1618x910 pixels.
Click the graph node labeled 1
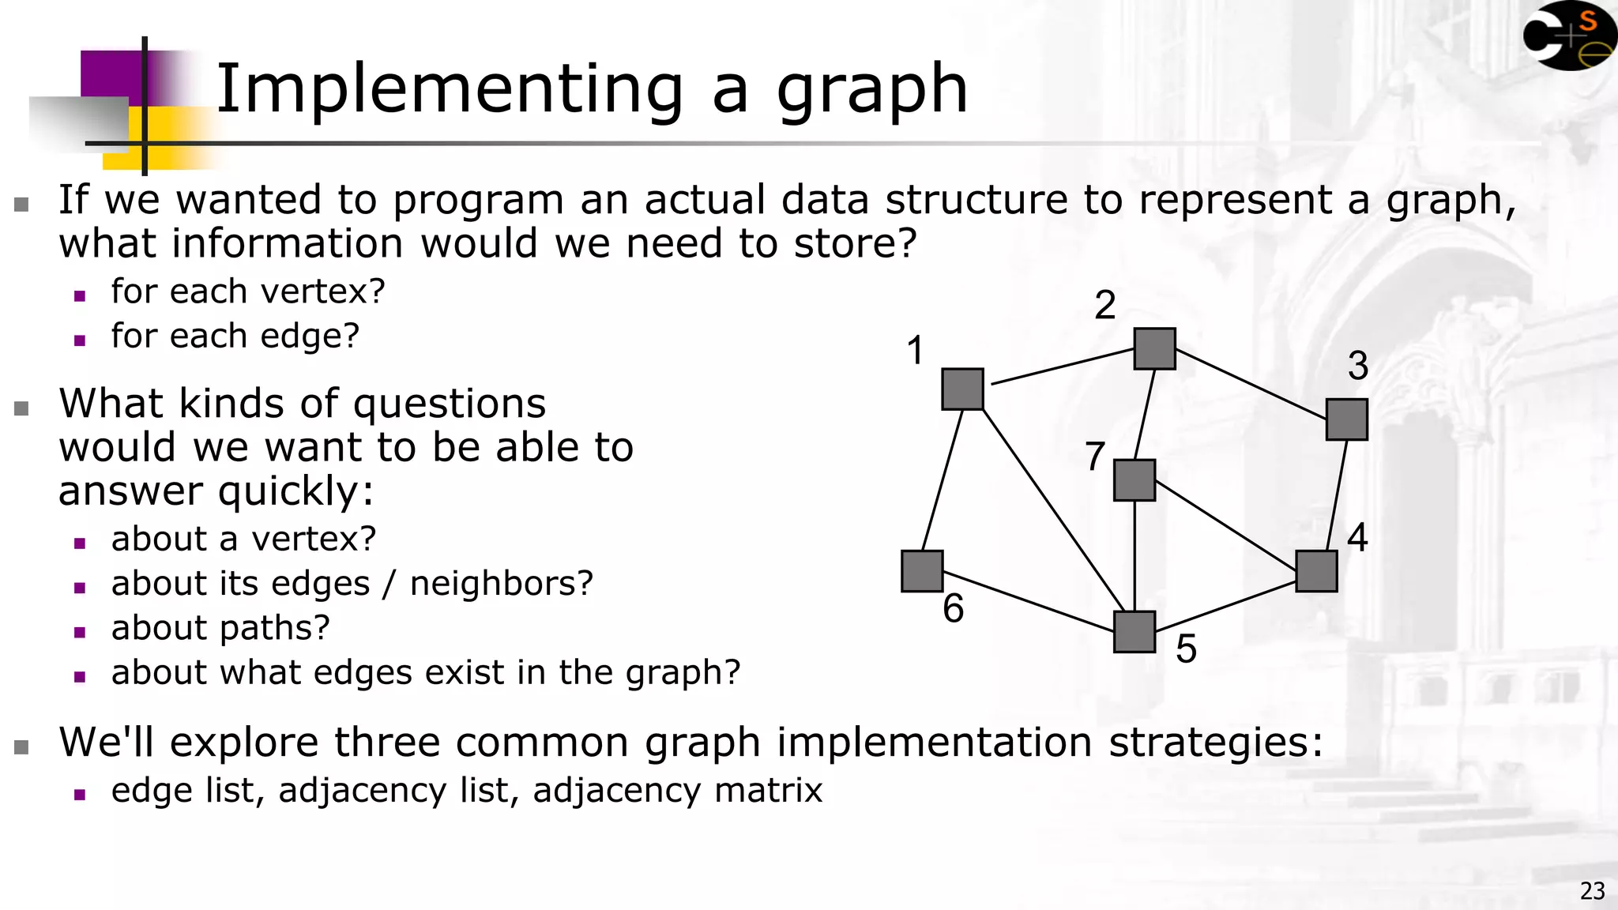click(x=962, y=389)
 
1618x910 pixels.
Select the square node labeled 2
click(x=1154, y=348)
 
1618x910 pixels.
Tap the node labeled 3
click(x=1346, y=419)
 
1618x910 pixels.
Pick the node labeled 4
click(x=1316, y=570)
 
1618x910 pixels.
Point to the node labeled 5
click(x=1134, y=631)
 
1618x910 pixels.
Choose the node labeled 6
click(x=922, y=570)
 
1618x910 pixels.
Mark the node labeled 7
click(x=1134, y=479)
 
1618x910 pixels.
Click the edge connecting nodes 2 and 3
click(x=1251, y=384)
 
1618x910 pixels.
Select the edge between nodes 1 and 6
click(x=943, y=479)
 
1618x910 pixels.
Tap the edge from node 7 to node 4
click(x=1225, y=525)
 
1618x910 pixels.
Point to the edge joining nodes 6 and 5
click(x=1028, y=601)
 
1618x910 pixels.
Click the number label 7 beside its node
click(x=1094, y=456)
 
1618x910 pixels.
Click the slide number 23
click(x=1592, y=891)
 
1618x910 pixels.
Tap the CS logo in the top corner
click(x=1569, y=36)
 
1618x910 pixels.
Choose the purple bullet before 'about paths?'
click(x=79, y=632)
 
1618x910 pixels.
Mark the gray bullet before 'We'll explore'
click(x=21, y=746)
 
